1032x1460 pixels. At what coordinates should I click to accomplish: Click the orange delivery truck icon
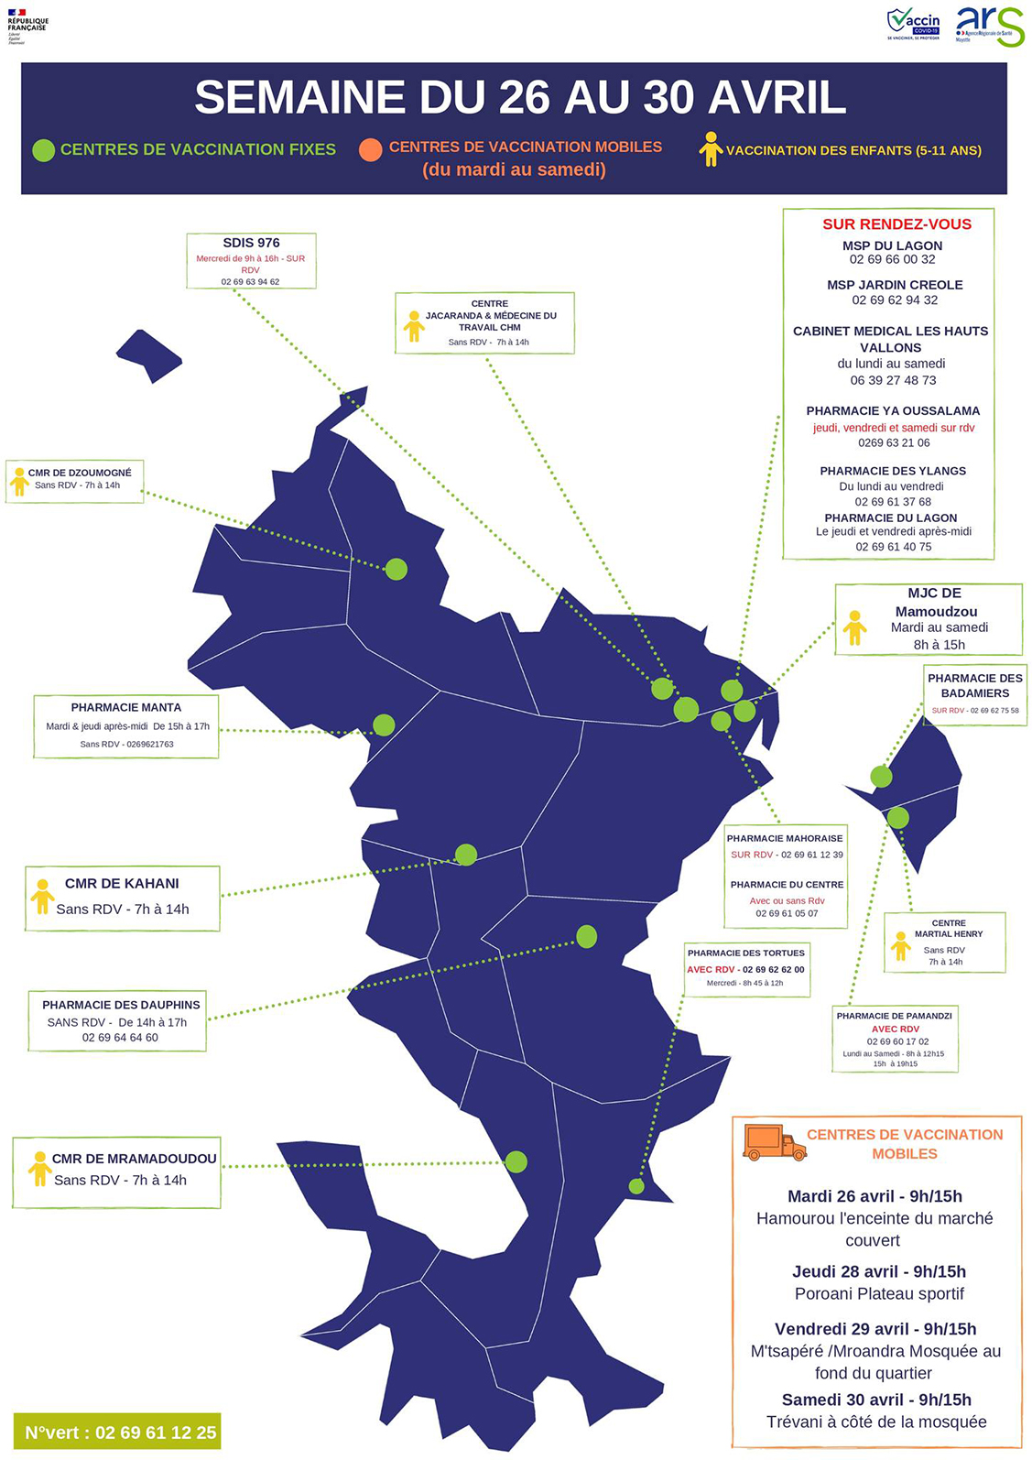(774, 1142)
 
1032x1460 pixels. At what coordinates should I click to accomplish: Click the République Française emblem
(27, 25)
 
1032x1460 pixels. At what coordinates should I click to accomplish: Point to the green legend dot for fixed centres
(43, 150)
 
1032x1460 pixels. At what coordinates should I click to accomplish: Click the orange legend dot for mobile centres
(370, 149)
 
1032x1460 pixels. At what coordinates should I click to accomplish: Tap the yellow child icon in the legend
(711, 149)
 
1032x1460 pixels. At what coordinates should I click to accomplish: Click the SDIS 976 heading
(251, 243)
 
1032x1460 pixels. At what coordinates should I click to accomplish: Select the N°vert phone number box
(117, 1432)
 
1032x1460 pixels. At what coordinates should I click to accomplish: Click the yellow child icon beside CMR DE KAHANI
(42, 897)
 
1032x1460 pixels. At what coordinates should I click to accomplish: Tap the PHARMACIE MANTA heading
(126, 707)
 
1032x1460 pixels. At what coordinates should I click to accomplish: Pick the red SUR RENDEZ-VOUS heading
(896, 224)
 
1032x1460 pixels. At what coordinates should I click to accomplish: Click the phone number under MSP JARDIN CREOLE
(895, 300)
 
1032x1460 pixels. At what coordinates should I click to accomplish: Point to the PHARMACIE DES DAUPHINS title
(121, 1005)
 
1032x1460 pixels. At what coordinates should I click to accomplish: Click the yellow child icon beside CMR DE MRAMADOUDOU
(39, 1169)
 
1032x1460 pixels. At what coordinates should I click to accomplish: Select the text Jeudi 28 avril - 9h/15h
(878, 1271)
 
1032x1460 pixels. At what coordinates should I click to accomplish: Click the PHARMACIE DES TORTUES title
(746, 953)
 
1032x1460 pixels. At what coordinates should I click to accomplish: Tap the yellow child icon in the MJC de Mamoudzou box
(854, 627)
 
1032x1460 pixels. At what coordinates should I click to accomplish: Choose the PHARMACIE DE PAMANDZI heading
(895, 1016)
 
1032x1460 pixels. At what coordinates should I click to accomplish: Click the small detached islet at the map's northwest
(149, 354)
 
